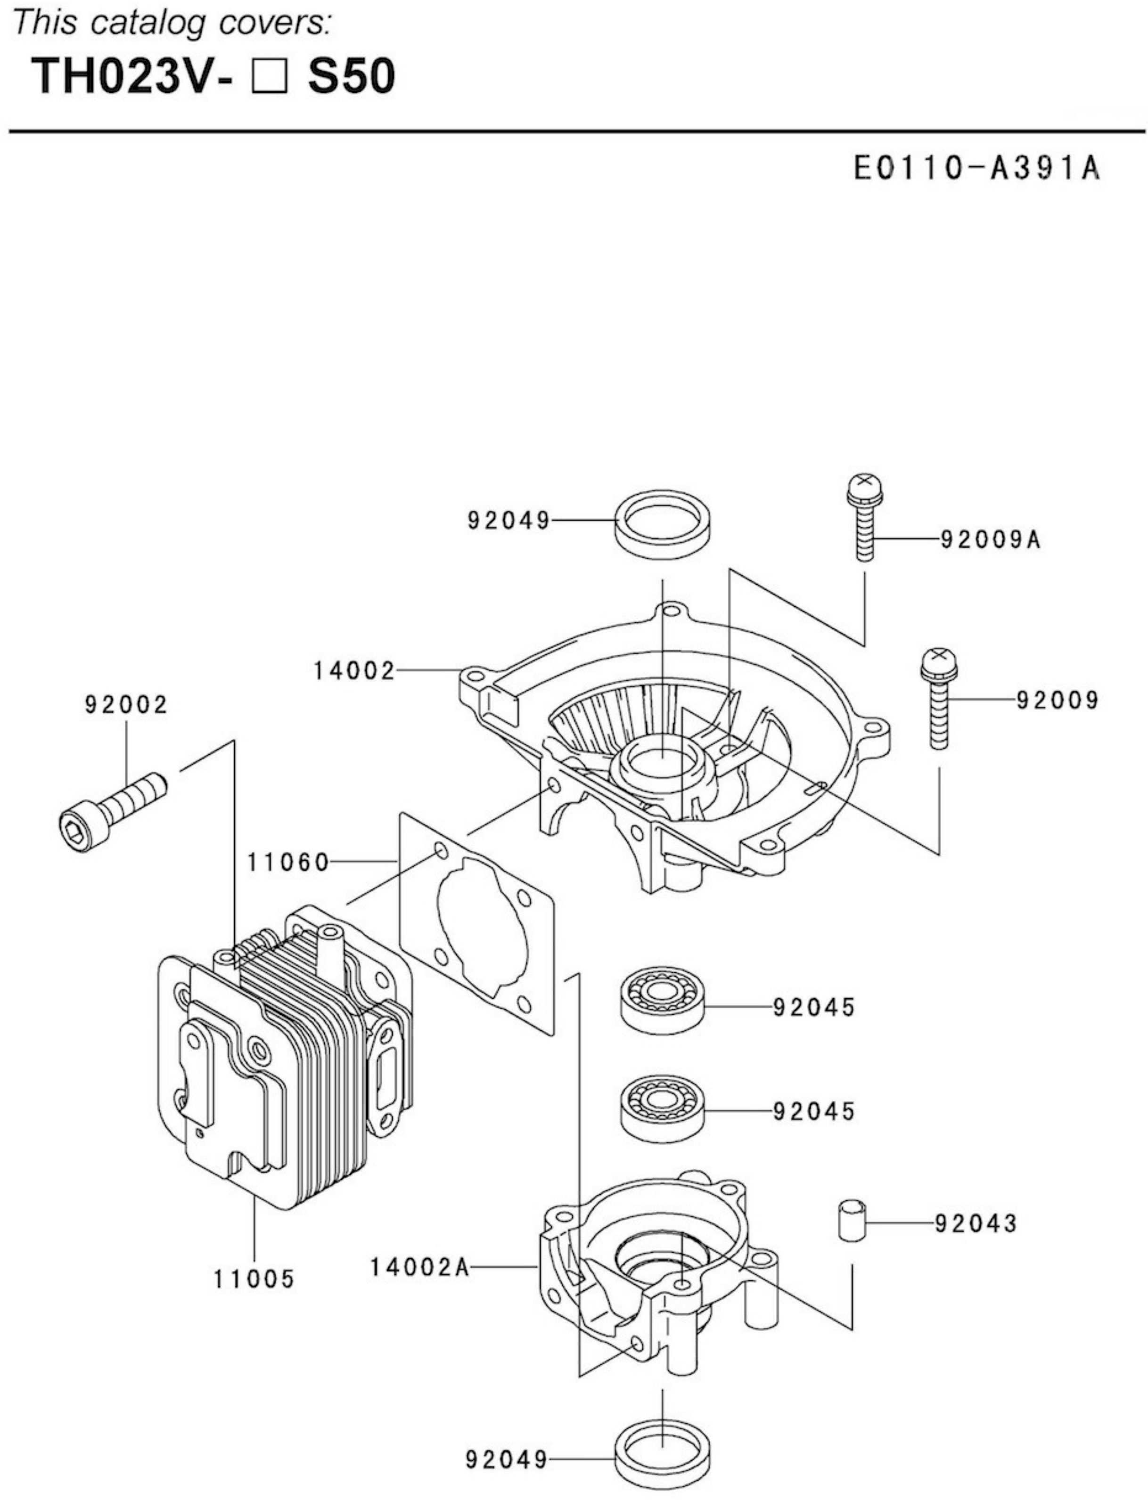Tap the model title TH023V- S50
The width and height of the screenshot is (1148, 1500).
(213, 76)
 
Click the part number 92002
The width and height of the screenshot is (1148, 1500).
(126, 704)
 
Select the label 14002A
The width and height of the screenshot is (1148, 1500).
(419, 1267)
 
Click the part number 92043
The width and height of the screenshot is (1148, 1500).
(976, 1223)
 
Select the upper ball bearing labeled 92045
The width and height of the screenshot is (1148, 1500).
(662, 1000)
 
